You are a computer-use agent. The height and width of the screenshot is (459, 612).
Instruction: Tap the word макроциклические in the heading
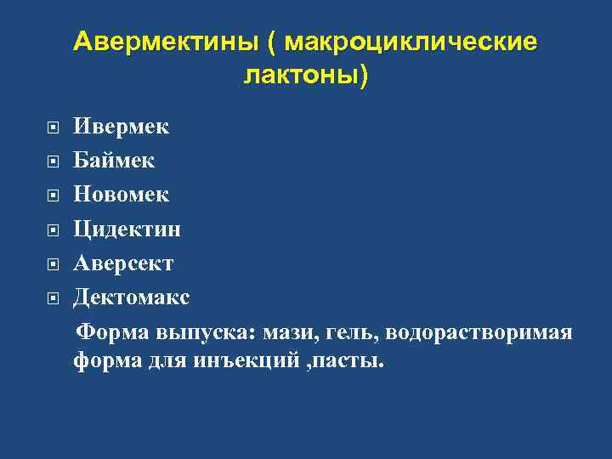point(411,42)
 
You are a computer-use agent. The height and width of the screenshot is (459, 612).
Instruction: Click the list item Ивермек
point(121,127)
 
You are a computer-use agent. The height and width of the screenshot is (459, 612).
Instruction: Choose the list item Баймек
point(114,160)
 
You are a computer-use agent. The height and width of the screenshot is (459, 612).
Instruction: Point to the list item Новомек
point(121,195)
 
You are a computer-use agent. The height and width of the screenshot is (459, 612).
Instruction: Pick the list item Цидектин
point(127,229)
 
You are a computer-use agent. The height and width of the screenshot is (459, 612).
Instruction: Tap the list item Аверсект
point(123,263)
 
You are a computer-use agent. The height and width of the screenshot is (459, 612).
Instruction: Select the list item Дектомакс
point(132,297)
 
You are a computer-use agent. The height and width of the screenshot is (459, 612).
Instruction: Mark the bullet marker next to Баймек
point(53,161)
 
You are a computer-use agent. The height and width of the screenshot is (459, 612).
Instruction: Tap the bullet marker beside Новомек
point(53,196)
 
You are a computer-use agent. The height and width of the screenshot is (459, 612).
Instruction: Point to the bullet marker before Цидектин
point(53,230)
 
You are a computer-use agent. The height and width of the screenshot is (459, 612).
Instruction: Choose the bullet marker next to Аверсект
point(53,265)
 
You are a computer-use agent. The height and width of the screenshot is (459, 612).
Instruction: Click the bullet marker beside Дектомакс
point(53,299)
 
